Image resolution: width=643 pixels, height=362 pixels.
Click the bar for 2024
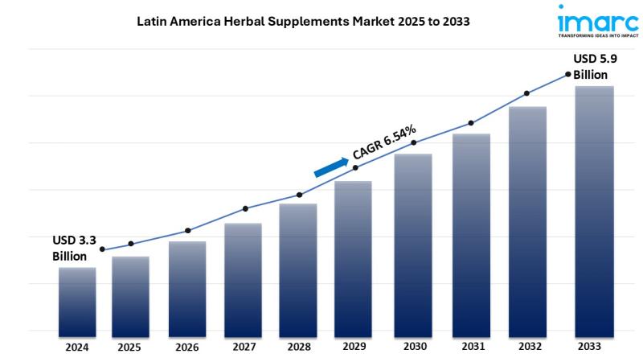point(77,299)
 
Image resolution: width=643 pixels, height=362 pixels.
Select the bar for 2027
point(243,278)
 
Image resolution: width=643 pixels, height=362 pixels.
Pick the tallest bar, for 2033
point(594,209)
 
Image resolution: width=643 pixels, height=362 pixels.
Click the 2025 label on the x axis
point(129,348)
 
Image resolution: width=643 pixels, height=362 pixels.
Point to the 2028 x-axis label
point(299,348)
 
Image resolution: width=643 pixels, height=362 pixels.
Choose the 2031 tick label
point(471,348)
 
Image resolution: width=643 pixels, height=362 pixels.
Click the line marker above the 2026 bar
point(188,231)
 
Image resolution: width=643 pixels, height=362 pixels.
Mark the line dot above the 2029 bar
point(355,167)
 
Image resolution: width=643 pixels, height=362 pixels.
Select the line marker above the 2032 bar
point(527,93)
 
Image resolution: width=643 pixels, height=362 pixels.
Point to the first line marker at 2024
point(102,249)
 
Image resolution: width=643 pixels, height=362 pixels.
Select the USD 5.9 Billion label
point(596,66)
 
